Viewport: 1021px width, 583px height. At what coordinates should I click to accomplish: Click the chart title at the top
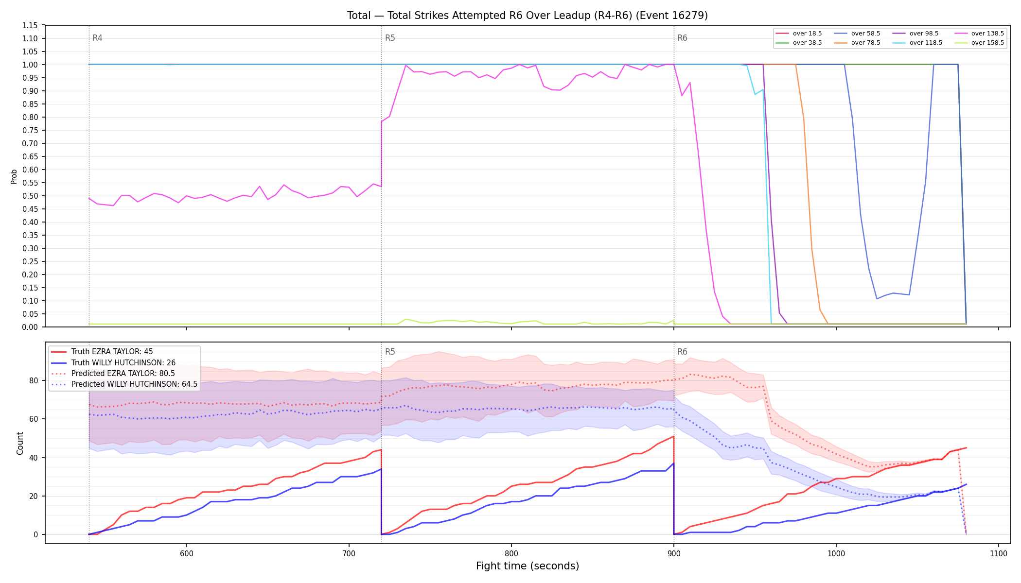[528, 16]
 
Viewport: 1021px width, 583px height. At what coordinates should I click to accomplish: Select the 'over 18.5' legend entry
[799, 34]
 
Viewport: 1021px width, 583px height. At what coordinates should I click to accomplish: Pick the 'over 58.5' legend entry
[857, 34]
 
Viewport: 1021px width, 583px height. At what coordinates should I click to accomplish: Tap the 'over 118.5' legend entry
[917, 43]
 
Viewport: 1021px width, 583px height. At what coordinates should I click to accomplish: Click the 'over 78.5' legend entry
[857, 43]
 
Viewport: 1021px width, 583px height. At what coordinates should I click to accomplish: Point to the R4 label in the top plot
[97, 38]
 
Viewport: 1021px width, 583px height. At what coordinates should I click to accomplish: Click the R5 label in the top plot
[390, 38]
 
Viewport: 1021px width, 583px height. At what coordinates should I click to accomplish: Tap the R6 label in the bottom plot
[682, 352]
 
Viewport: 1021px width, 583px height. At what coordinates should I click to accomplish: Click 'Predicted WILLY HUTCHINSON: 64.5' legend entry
[124, 384]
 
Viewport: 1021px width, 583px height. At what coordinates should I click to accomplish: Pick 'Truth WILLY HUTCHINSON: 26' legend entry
[113, 362]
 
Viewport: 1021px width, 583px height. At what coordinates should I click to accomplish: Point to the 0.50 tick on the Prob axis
[31, 196]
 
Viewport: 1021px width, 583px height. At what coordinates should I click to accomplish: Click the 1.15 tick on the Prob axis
[31, 25]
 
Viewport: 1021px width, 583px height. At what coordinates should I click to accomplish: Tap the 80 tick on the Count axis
[34, 380]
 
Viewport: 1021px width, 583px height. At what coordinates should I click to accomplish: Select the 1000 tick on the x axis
[836, 554]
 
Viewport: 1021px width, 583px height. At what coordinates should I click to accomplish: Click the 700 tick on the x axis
[349, 554]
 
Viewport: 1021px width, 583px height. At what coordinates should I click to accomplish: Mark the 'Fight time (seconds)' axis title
[528, 566]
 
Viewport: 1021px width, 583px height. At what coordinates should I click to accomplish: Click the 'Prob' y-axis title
[14, 176]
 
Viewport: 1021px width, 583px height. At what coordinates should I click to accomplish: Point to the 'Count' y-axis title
[20, 443]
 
